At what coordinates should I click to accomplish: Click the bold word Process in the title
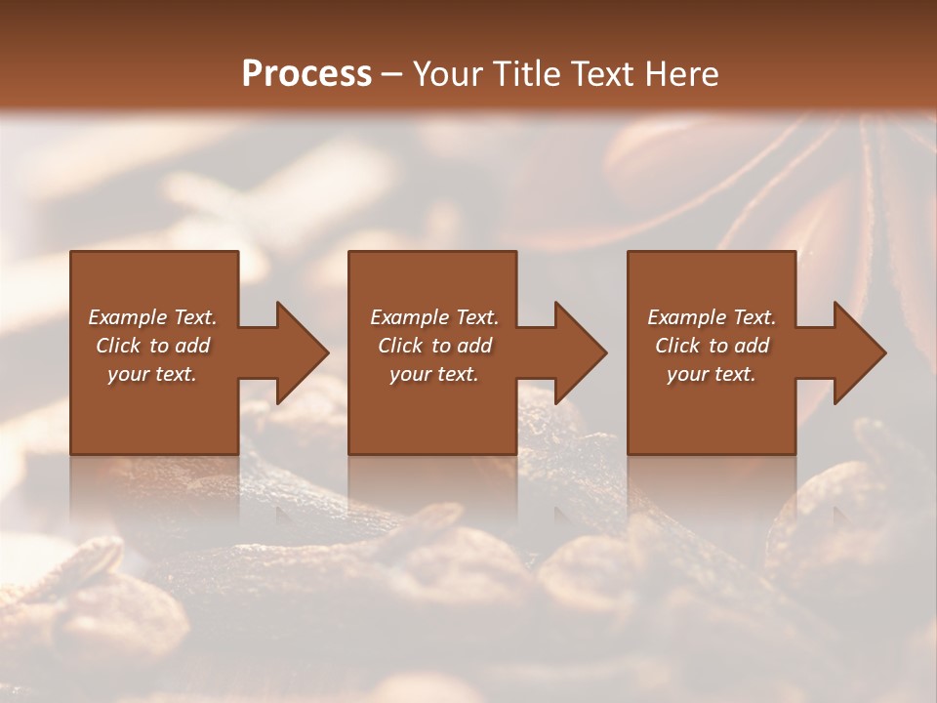[x=306, y=74]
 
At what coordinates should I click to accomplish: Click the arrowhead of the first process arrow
[x=301, y=352]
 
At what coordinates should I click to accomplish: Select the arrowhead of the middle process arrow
[x=579, y=352]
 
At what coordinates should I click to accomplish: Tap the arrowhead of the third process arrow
[x=858, y=352]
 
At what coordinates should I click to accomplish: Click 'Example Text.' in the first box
[x=152, y=317]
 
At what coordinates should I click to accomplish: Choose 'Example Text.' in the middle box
[x=434, y=317]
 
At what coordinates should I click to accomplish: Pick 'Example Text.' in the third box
[x=712, y=317]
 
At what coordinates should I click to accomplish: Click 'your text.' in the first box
[x=152, y=374]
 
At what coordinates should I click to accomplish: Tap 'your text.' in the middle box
[x=434, y=374]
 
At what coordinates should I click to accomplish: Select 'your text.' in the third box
[x=712, y=374]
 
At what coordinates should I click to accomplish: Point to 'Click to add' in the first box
[x=152, y=346]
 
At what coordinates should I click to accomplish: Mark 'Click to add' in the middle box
[x=434, y=346]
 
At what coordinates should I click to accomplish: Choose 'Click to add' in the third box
[x=712, y=346]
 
